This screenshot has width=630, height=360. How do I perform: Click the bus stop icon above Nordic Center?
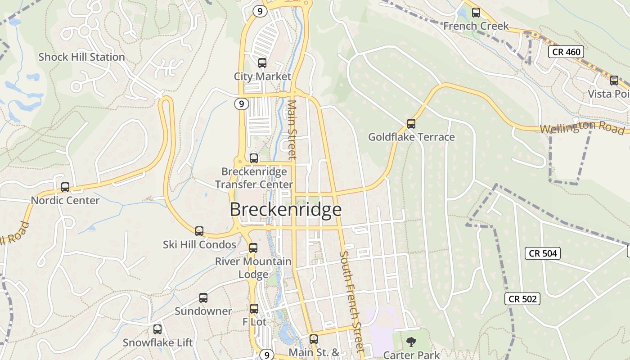point(65,187)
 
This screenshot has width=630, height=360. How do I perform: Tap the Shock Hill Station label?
point(81,57)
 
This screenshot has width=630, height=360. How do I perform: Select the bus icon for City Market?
point(262,63)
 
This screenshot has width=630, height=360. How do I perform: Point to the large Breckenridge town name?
point(286,210)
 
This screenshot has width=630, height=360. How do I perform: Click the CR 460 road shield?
point(566,52)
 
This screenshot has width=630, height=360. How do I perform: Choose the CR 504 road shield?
point(543,253)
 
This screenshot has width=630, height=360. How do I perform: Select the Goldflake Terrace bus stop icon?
point(411,123)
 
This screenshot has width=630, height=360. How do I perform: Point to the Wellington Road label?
point(582,127)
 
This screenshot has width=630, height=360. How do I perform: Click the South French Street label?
point(351,301)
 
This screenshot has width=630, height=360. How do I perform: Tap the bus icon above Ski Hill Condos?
point(199,231)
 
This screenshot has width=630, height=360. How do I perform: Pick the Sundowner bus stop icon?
point(203,298)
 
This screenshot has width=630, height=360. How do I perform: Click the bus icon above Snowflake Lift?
point(157,329)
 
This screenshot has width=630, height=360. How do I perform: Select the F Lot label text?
point(254,322)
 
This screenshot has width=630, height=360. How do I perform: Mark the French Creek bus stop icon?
point(476,13)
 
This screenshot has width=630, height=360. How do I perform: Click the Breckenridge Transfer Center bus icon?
point(254,158)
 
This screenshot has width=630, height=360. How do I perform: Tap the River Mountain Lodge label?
point(253,268)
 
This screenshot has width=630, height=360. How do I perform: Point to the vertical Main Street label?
point(292,130)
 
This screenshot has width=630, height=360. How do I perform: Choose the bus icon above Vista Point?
point(614,81)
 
